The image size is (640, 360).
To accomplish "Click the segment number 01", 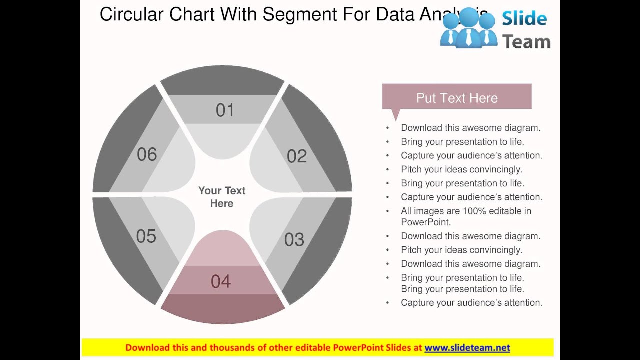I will [x=225, y=110].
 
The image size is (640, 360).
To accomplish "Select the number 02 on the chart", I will [x=297, y=156].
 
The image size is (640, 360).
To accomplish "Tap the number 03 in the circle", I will [x=294, y=240].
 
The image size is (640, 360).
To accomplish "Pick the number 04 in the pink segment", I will [x=221, y=282].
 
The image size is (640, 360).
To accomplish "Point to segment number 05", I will [x=146, y=236].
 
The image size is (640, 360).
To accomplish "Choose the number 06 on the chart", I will [x=147, y=155].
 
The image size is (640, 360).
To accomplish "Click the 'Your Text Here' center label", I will [x=222, y=197].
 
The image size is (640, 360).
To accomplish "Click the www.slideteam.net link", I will [x=467, y=348].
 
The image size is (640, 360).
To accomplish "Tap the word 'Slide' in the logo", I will [x=524, y=19].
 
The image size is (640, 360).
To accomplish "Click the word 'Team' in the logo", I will [x=526, y=42].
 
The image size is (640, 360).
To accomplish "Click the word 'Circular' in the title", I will [x=132, y=15].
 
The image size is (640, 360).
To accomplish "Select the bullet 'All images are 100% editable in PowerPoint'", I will [x=466, y=216].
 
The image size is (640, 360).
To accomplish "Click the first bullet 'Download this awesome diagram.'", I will [x=470, y=128].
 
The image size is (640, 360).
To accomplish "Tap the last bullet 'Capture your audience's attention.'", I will [x=471, y=303].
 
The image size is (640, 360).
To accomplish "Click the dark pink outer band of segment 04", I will [x=223, y=307].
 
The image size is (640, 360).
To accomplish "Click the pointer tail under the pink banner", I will [x=396, y=115].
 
